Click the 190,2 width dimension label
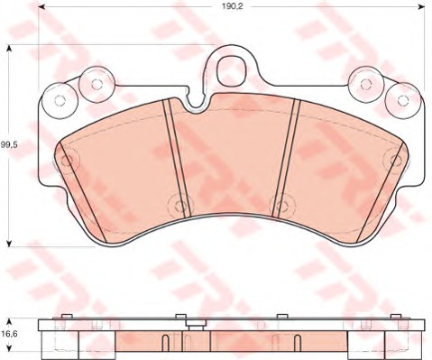[232, 6]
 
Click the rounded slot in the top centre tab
[232, 69]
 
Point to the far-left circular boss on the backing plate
[60, 100]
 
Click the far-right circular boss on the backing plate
[403, 100]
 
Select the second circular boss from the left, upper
[97, 84]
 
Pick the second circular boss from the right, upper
[366, 84]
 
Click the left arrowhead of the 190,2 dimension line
[41, 6]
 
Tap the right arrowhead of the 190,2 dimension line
[421, 6]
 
